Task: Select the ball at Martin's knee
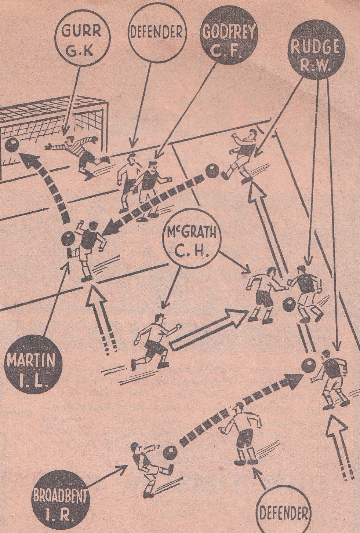coord(68,239)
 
